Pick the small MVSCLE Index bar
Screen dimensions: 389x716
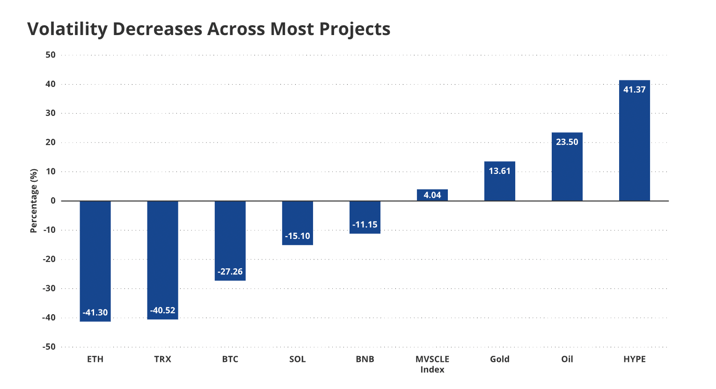(x=432, y=195)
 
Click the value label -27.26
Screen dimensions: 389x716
(x=230, y=272)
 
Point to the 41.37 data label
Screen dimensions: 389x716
(x=634, y=90)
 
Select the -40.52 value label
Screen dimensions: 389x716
(x=162, y=310)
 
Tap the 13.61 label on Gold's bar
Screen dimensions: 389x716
(x=499, y=171)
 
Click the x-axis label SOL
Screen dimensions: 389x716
(x=297, y=359)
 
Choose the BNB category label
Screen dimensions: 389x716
(x=365, y=359)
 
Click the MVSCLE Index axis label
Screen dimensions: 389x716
(x=432, y=364)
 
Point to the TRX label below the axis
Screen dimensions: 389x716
(x=162, y=359)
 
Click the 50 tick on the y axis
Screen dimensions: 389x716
(x=51, y=55)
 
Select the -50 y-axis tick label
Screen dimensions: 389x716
(x=49, y=347)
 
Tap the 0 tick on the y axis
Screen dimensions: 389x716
(x=53, y=201)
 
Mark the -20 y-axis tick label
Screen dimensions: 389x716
(x=49, y=259)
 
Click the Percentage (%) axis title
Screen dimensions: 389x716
(x=34, y=201)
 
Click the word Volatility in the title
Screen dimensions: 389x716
(x=67, y=29)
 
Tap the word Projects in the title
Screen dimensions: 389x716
(x=355, y=29)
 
